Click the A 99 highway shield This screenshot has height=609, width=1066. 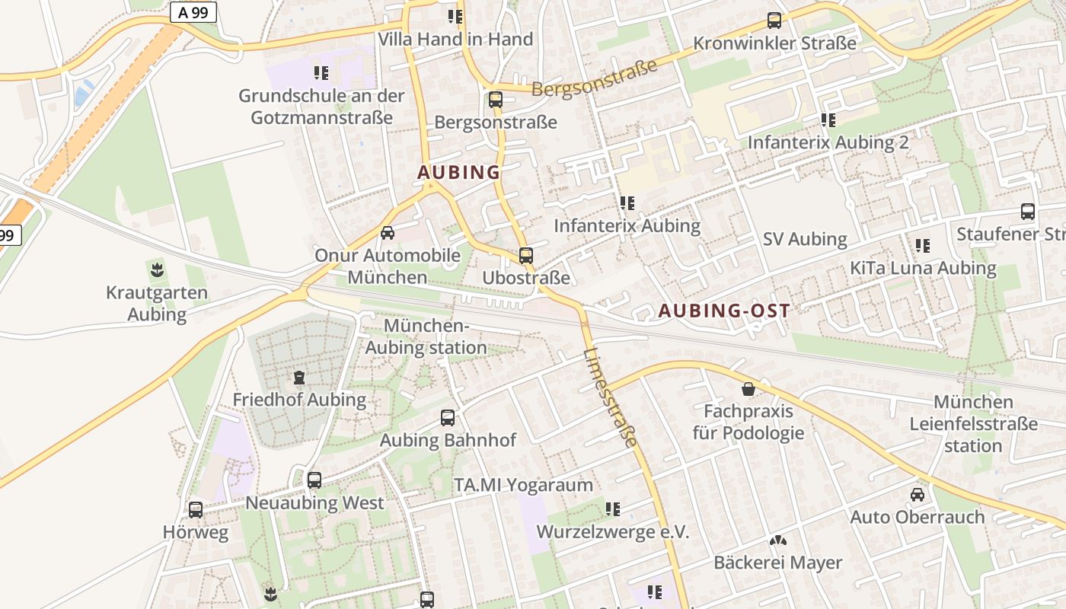pyautogui.click(x=193, y=12)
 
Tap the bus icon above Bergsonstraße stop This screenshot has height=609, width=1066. pyautogui.click(x=496, y=99)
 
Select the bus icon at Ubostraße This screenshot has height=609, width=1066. pyautogui.click(x=525, y=256)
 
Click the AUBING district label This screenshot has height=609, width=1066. pyautogui.click(x=458, y=173)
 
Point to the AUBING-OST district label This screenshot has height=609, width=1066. pyautogui.click(x=724, y=311)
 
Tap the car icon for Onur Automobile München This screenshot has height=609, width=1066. pyautogui.click(x=388, y=233)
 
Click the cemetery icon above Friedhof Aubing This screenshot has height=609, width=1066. pyautogui.click(x=299, y=377)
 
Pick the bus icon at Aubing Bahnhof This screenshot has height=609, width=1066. pyautogui.click(x=448, y=418)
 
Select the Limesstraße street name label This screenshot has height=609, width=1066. pyautogui.click(x=611, y=397)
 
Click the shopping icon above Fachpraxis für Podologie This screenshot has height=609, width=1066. pyautogui.click(x=748, y=389)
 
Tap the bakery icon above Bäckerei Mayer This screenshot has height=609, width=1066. pyautogui.click(x=777, y=541)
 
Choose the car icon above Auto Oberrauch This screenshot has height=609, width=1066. pyautogui.click(x=918, y=495)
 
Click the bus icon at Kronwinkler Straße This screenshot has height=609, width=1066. pyautogui.click(x=774, y=21)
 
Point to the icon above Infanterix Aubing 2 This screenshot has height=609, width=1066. pyautogui.click(x=828, y=120)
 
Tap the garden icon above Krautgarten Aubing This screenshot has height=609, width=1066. pyautogui.click(x=157, y=269)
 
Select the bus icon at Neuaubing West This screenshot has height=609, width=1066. pyautogui.click(x=314, y=480)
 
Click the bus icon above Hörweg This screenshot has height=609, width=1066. pyautogui.click(x=196, y=510)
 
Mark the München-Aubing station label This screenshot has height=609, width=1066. pyautogui.click(x=426, y=336)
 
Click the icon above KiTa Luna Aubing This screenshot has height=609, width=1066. pyautogui.click(x=923, y=246)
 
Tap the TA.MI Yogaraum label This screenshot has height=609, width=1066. pyautogui.click(x=523, y=485)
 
